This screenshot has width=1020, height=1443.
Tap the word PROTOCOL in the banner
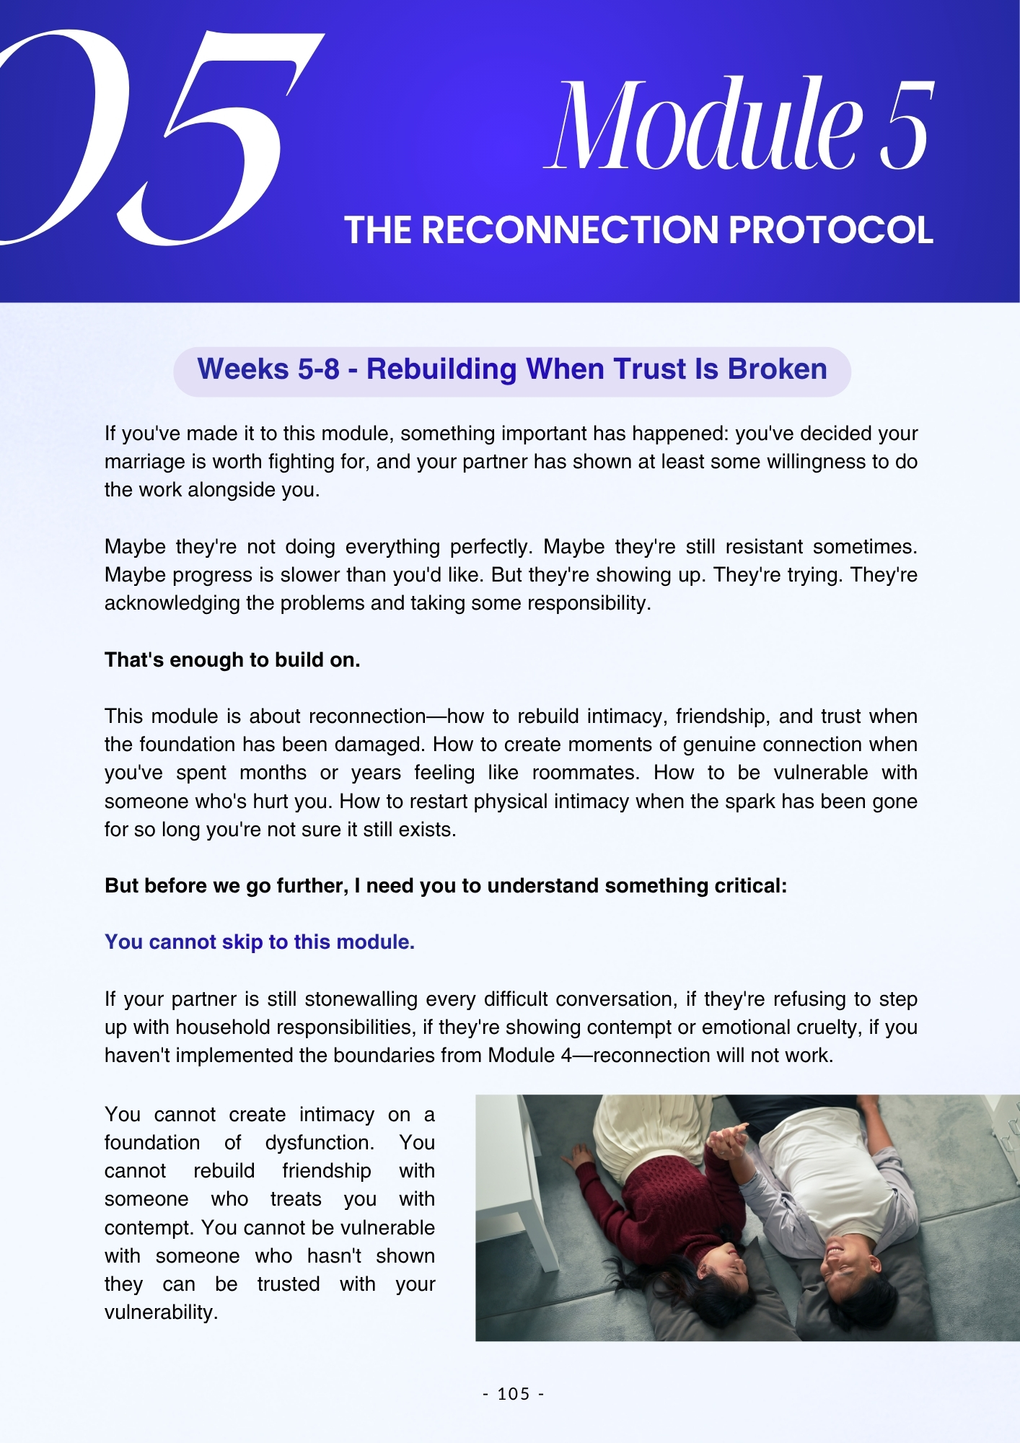click(x=830, y=230)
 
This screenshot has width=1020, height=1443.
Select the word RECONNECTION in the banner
click(x=571, y=230)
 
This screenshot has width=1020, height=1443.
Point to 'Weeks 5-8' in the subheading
click(x=268, y=369)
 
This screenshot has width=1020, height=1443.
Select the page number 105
click(x=514, y=1394)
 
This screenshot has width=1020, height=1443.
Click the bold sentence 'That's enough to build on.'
click(x=232, y=660)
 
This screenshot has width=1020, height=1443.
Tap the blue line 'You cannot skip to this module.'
click(x=260, y=942)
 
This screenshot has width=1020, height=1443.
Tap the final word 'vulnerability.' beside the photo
click(x=161, y=1312)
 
